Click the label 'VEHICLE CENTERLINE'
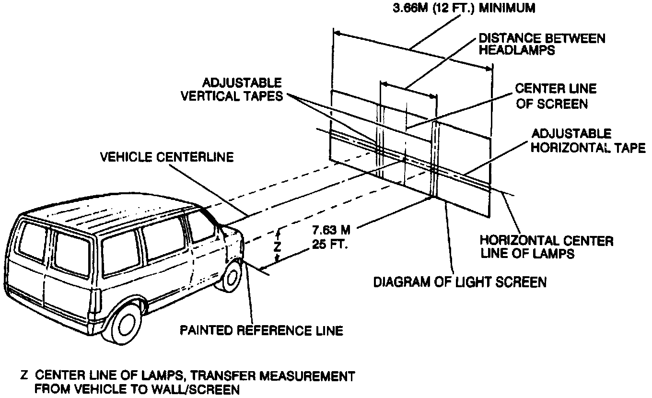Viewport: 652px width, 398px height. coord(167,157)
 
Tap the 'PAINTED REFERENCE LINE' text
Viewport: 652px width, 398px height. coord(261,330)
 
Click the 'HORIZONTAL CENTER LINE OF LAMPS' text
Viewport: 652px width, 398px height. coord(547,246)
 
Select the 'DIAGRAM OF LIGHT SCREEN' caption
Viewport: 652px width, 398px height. coord(460,281)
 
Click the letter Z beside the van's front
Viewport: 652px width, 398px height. coord(277,246)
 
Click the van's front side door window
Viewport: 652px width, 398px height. coord(199,226)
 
